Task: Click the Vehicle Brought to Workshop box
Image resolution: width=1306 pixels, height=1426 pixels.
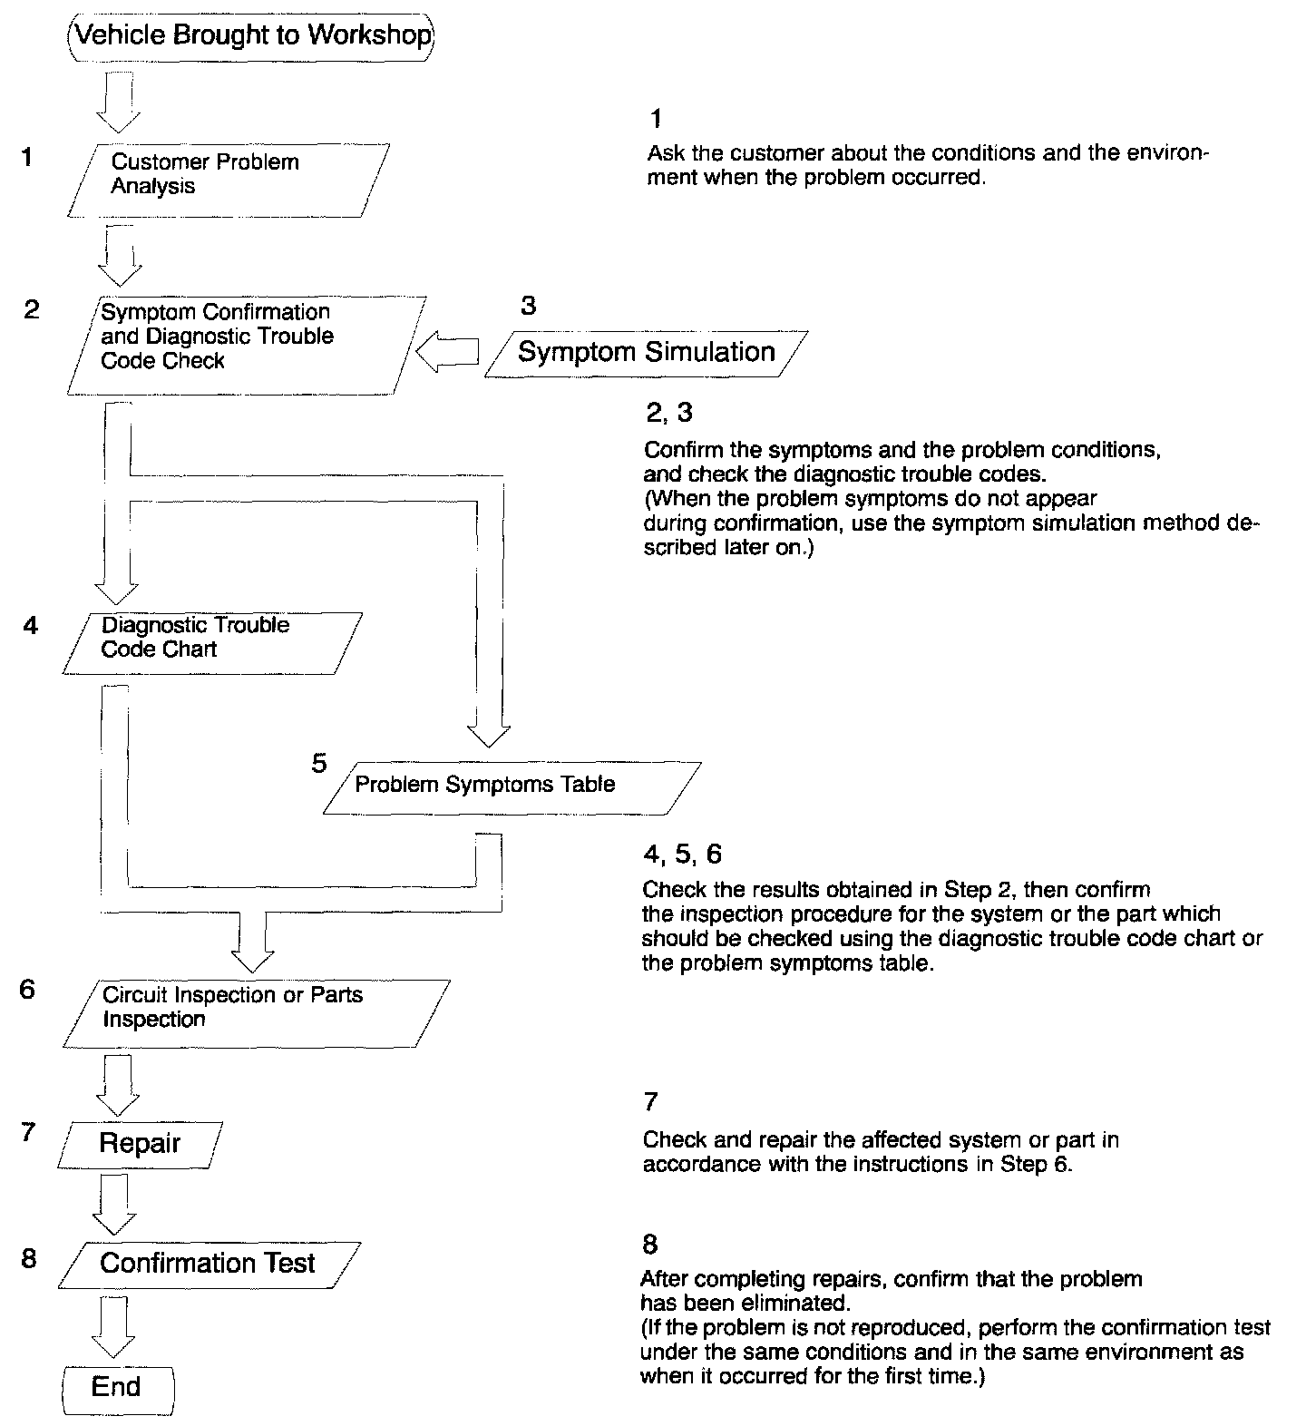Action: click(x=251, y=36)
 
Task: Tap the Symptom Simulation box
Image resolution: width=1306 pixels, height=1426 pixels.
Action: click(x=646, y=352)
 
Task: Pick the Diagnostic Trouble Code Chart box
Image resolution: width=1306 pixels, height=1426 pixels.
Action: click(x=211, y=642)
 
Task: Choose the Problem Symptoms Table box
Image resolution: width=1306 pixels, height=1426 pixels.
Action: click(x=511, y=786)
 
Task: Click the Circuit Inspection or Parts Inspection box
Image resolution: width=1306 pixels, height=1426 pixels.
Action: click(x=257, y=1012)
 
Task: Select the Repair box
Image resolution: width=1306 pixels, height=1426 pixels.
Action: click(x=140, y=1144)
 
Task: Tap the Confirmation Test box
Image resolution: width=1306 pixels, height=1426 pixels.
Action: click(x=208, y=1264)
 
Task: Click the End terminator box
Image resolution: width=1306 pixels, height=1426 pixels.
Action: click(x=117, y=1387)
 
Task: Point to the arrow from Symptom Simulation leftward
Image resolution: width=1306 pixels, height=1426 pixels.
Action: click(x=448, y=352)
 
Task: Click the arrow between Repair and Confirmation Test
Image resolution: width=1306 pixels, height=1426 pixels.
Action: click(x=115, y=1204)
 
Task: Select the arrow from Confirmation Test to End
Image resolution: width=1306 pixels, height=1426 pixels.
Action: click(x=113, y=1327)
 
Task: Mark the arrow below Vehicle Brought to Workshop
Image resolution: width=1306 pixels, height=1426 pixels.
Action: click(x=119, y=103)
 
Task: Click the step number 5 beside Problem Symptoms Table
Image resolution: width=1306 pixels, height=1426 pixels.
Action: click(x=318, y=764)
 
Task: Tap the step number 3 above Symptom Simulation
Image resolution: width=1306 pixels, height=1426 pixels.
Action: click(x=528, y=306)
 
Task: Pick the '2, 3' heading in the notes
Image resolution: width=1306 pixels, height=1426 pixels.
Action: click(x=668, y=413)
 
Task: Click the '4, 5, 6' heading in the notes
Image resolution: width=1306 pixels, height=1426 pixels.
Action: click(x=682, y=854)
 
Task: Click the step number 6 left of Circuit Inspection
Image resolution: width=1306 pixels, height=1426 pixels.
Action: click(x=27, y=990)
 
